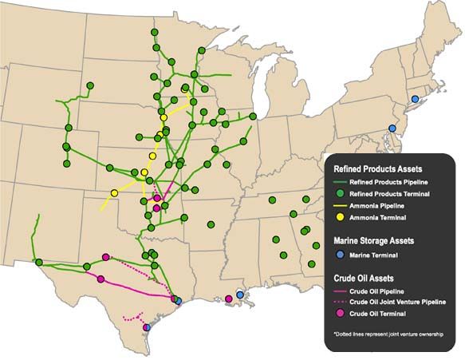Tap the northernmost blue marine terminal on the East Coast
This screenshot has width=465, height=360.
click(x=414, y=99)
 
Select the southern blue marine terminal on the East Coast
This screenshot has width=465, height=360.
click(x=392, y=129)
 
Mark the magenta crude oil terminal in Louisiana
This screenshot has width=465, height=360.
click(x=229, y=299)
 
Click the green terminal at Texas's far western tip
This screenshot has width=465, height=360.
click(x=38, y=262)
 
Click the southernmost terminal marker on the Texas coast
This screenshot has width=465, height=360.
click(x=146, y=326)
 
